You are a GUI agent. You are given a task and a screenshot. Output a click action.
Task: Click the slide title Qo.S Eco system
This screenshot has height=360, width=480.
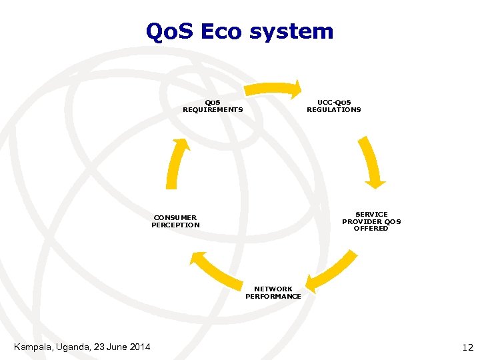pos(239,31)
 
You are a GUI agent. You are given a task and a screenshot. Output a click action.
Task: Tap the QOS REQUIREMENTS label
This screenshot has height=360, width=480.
pos(213,106)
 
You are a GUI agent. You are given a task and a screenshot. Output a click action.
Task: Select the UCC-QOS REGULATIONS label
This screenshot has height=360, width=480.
pos(333,106)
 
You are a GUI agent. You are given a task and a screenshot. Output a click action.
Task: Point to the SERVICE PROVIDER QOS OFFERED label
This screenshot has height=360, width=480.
pos(371,221)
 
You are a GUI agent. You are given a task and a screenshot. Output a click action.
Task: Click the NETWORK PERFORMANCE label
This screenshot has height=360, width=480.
pos(273,293)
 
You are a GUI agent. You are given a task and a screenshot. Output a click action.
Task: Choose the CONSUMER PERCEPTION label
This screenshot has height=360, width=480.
pos(175,221)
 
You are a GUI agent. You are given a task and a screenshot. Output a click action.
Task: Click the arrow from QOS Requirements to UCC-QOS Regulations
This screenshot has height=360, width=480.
pos(273,89)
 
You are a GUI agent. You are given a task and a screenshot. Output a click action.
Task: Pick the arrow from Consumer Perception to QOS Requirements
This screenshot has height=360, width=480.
pos(175,163)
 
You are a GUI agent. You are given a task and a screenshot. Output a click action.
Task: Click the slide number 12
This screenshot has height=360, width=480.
pos(467,347)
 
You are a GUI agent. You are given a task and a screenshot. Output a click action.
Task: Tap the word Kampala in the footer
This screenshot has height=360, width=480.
pos(33,347)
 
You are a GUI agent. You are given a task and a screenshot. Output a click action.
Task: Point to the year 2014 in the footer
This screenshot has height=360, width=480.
pos(138,347)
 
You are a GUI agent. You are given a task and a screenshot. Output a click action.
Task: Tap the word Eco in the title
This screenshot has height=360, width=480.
pos(217,31)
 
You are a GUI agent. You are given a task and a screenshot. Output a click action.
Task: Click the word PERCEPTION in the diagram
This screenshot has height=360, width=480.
pos(175,225)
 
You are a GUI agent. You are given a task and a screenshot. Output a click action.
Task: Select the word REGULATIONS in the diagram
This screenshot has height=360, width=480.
pos(333,110)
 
